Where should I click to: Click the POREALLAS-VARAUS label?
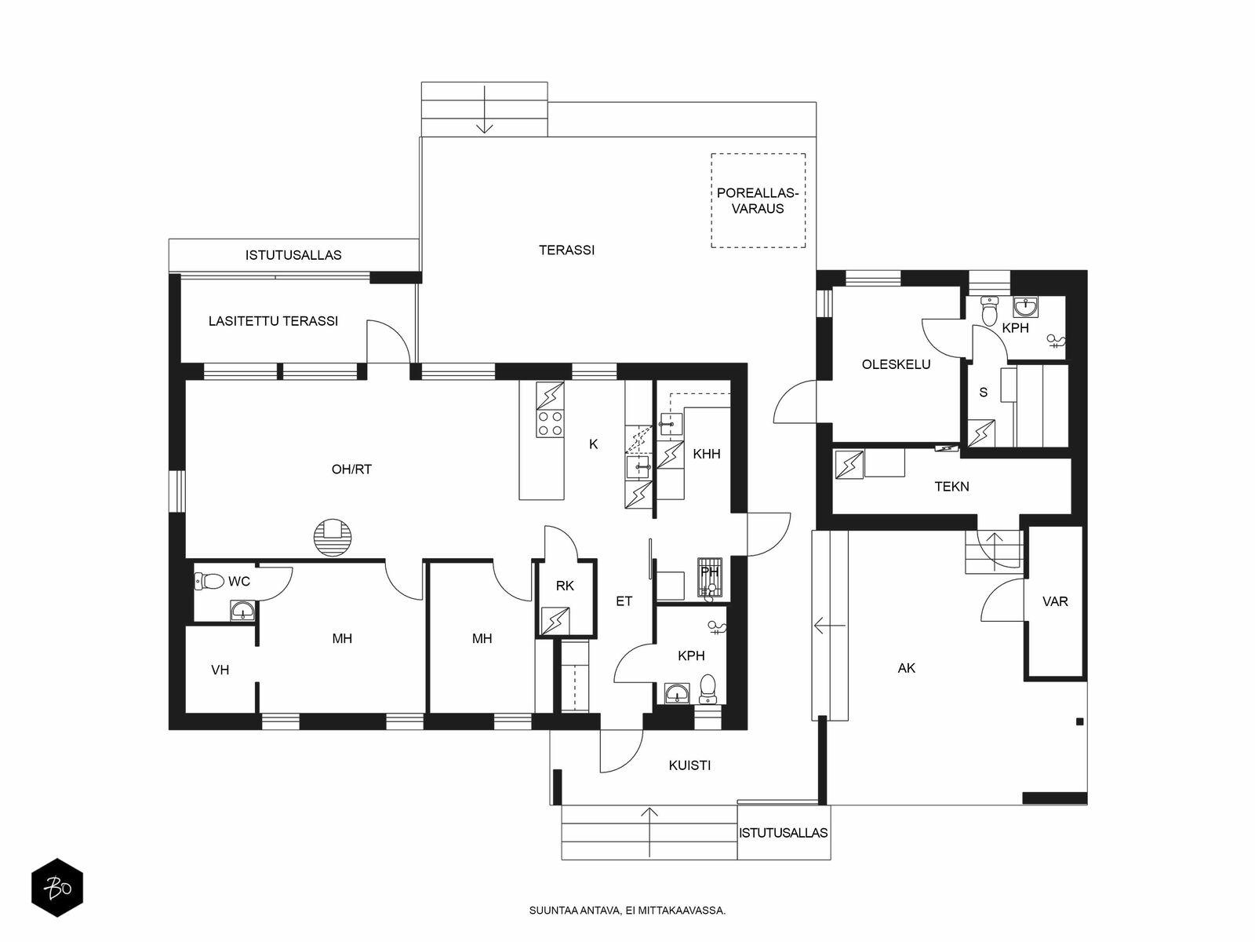(x=758, y=201)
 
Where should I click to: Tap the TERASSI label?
(x=566, y=250)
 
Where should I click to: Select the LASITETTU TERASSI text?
(x=273, y=321)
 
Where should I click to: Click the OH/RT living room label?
(x=351, y=469)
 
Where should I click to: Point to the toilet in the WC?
(x=209, y=581)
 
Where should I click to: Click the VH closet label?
(x=220, y=670)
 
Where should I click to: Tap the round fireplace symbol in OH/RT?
(x=333, y=538)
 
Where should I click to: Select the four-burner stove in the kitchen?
(x=550, y=424)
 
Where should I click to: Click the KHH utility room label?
(x=707, y=455)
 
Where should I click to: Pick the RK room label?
(x=565, y=586)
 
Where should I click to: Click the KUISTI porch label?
(x=689, y=765)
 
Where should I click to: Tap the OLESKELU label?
(x=896, y=364)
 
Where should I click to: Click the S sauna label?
(x=984, y=392)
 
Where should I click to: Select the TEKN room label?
(x=952, y=487)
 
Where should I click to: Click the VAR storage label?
(x=1056, y=601)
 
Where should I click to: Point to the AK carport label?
(x=907, y=668)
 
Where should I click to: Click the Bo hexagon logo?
(x=57, y=888)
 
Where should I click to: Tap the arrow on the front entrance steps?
(x=649, y=832)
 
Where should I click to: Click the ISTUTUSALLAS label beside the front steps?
(x=784, y=833)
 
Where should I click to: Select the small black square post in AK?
(x=1080, y=721)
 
